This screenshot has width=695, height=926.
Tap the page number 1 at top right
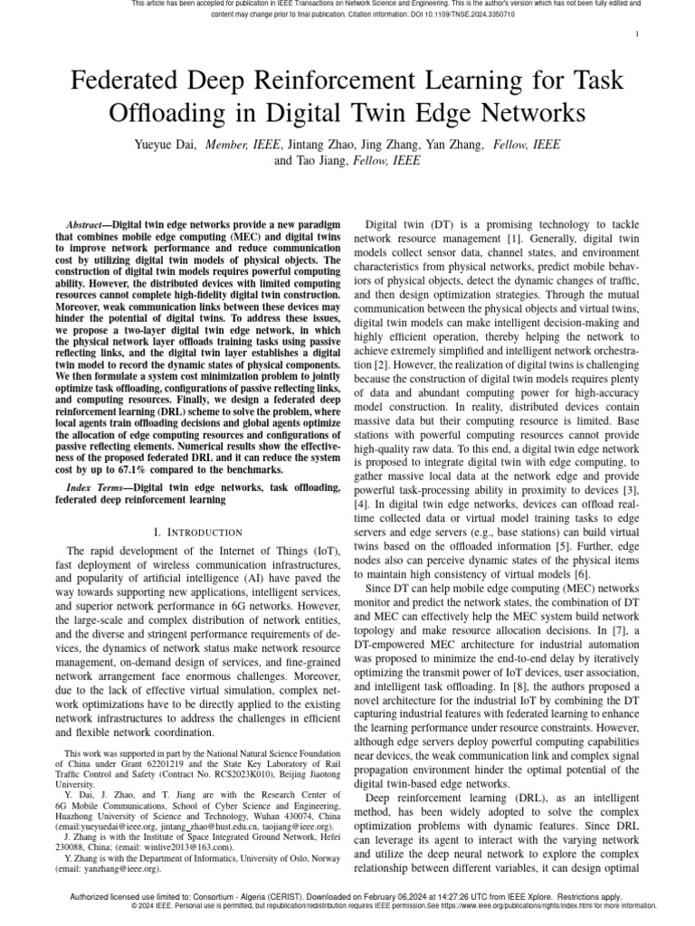tap(639, 34)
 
